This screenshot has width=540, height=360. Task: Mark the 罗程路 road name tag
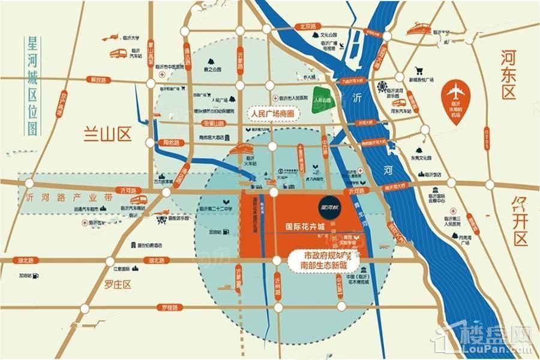(170, 308)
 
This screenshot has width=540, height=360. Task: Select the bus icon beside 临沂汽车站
(119, 54)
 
